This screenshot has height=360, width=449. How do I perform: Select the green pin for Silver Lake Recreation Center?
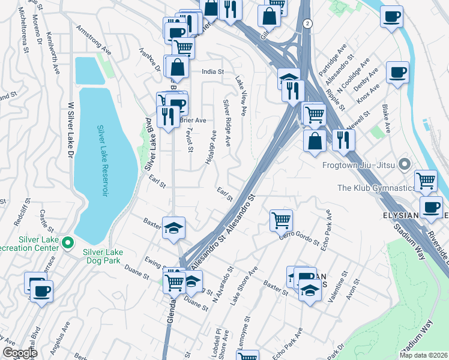(x=68, y=243)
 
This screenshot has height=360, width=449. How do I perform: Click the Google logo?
(x=19, y=353)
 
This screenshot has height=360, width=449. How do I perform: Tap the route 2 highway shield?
(x=308, y=23)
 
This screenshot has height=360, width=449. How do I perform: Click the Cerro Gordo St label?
(x=298, y=238)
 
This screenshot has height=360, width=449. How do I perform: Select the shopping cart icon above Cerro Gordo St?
(x=281, y=220)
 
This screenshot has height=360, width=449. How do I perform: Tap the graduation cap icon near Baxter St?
(x=173, y=227)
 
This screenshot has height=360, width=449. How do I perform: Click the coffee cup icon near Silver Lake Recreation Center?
(x=41, y=292)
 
